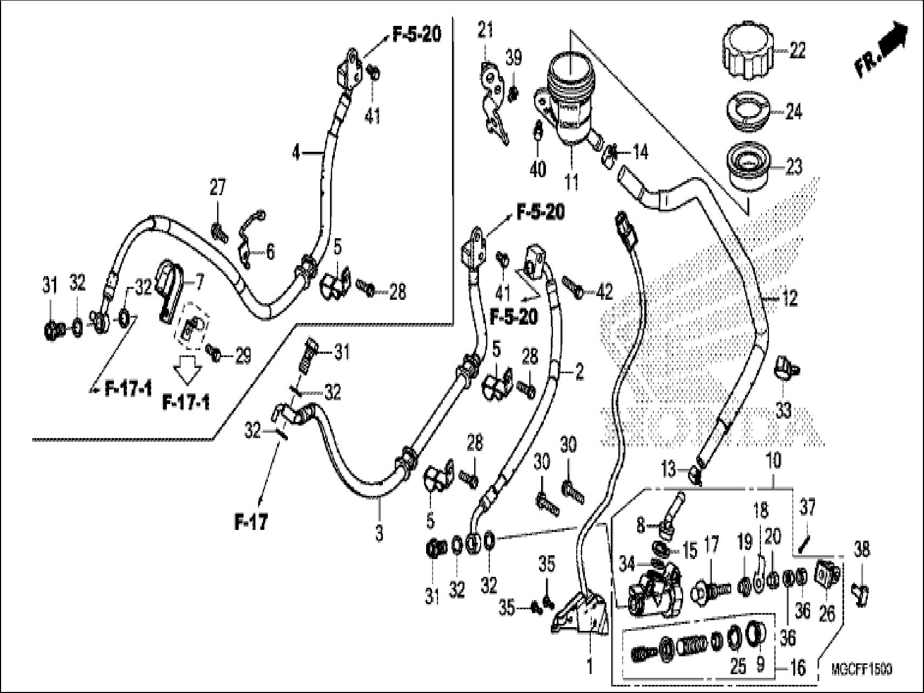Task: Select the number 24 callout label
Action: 793,112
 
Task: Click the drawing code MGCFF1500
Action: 861,670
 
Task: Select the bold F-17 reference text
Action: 251,522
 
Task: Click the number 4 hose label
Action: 295,153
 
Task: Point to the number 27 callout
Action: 218,189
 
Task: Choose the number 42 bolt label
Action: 604,292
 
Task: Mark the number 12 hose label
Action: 790,298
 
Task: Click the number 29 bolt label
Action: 242,356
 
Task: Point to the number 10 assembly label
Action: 773,461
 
